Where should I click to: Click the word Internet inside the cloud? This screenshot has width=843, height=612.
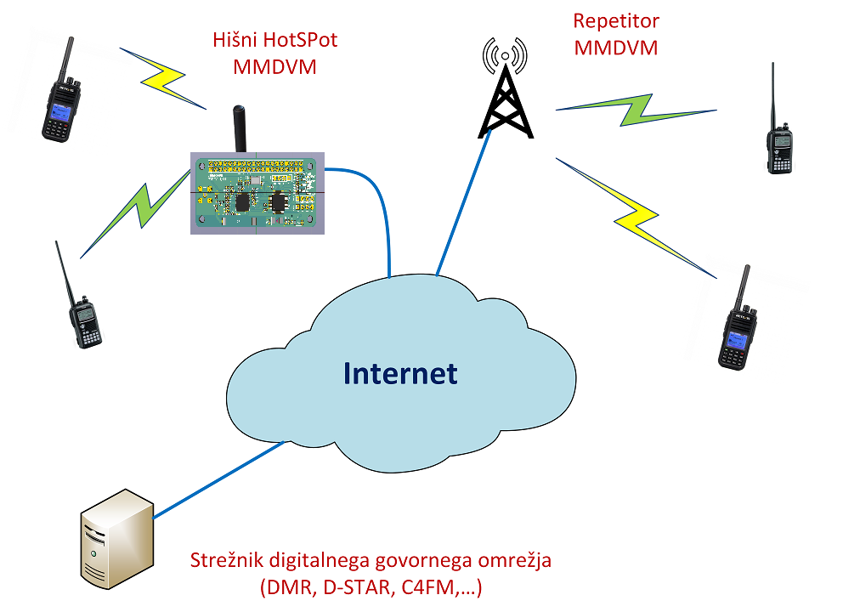(x=400, y=373)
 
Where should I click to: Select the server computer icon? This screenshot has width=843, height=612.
(x=116, y=536)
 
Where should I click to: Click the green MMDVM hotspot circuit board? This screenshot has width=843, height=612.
(x=257, y=193)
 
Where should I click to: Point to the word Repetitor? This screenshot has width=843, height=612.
(x=616, y=21)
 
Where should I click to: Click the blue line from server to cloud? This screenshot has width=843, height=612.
(x=217, y=480)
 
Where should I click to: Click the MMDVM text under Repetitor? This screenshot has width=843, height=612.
(x=616, y=48)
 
